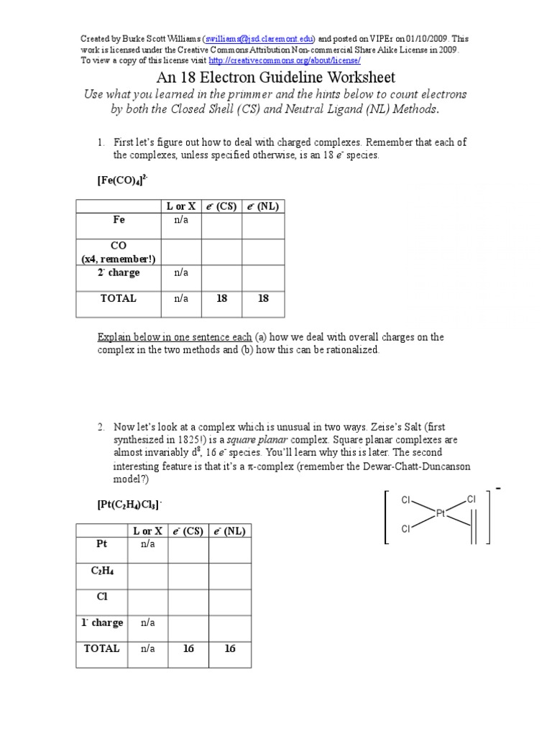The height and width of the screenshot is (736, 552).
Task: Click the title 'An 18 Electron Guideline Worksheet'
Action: click(x=276, y=77)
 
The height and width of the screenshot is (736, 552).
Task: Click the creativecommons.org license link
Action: click(x=284, y=60)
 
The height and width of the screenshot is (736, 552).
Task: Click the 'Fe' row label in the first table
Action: click(x=118, y=221)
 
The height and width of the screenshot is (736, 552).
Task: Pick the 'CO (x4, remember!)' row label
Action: click(x=118, y=252)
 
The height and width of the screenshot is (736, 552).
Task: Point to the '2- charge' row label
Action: click(x=118, y=273)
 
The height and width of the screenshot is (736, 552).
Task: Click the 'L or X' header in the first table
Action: click(x=181, y=206)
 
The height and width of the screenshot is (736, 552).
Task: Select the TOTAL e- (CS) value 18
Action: click(x=221, y=298)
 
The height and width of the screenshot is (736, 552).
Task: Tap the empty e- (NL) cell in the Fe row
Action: click(x=263, y=226)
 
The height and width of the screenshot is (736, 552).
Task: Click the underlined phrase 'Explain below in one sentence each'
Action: click(x=175, y=337)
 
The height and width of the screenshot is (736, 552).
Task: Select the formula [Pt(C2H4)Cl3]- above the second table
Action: click(x=134, y=505)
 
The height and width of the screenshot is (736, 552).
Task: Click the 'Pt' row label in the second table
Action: click(x=101, y=544)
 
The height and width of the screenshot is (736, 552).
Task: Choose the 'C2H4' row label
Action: click(x=101, y=571)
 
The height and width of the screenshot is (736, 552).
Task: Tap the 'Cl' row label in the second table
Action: click(x=101, y=596)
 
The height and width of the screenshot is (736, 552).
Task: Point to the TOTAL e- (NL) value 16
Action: click(x=230, y=648)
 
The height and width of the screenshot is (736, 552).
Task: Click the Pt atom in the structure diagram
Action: click(x=441, y=512)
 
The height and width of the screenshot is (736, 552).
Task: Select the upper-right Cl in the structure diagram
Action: click(x=471, y=499)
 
